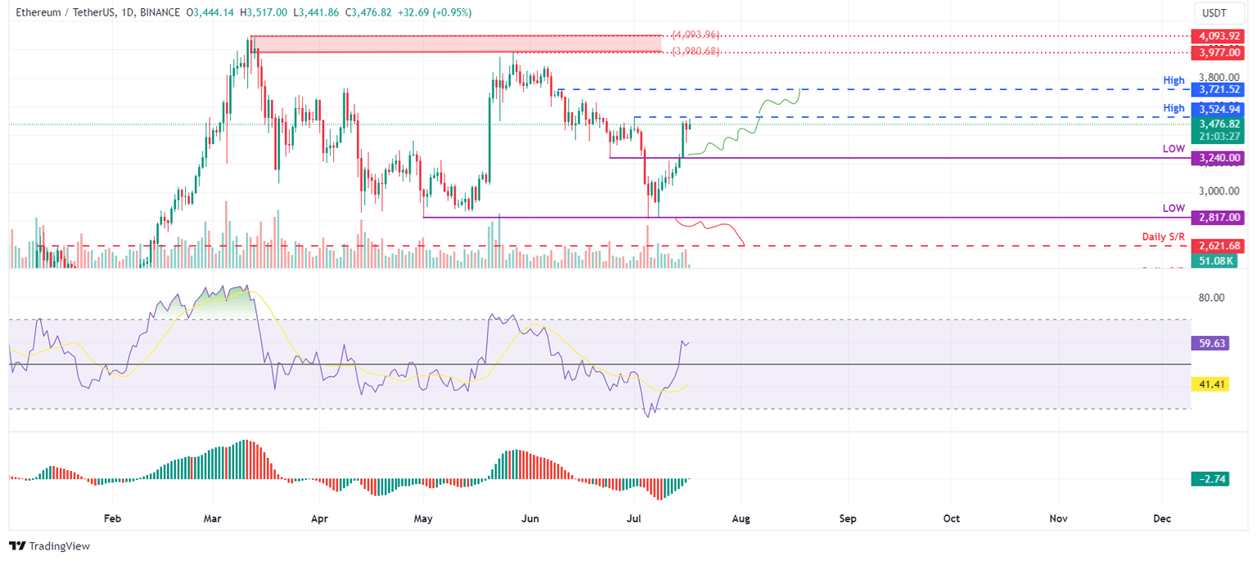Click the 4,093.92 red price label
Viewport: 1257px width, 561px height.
point(1218,36)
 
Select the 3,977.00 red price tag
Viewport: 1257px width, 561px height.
point(1218,52)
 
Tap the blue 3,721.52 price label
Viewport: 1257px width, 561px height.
point(1218,88)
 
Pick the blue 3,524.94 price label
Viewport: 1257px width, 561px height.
point(1218,108)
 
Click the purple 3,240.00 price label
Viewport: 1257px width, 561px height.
point(1218,158)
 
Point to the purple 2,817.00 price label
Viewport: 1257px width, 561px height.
point(1218,218)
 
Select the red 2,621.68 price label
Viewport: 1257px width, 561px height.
point(1218,245)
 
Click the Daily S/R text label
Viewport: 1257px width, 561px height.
point(1164,236)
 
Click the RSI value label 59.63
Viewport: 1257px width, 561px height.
point(1212,343)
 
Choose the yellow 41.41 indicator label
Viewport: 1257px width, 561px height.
point(1212,383)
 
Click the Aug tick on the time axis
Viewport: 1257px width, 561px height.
point(741,518)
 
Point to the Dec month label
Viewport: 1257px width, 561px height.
point(1162,518)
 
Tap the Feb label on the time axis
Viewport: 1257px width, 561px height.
point(113,518)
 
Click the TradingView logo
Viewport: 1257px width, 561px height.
point(49,545)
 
